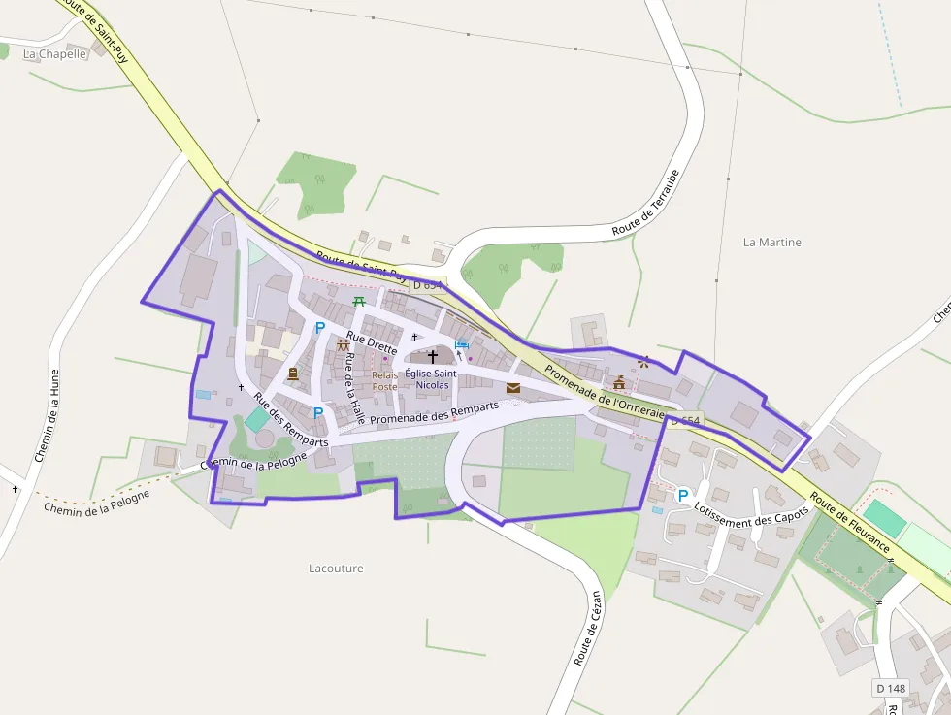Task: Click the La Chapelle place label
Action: (x=55, y=54)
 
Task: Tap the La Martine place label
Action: (x=771, y=242)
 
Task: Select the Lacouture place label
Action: (x=336, y=568)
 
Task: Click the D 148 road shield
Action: (x=890, y=688)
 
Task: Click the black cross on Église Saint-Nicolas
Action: (x=433, y=356)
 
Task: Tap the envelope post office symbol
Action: (x=512, y=388)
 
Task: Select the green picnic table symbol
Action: (x=359, y=302)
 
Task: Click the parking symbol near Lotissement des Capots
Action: (x=682, y=495)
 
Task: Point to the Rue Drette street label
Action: (x=372, y=344)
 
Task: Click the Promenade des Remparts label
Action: (x=434, y=412)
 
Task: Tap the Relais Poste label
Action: (x=385, y=380)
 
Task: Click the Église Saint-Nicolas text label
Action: (x=433, y=379)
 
